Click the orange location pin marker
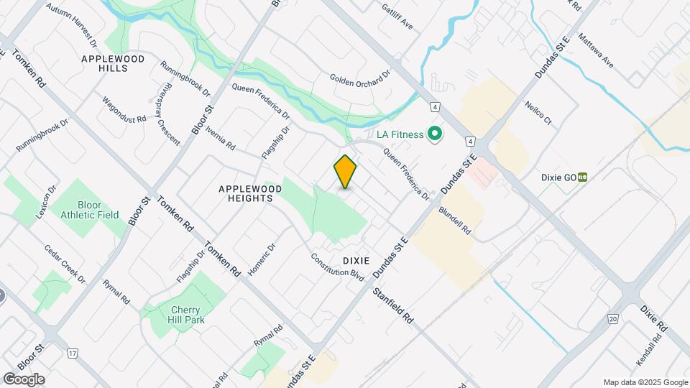(x=346, y=172)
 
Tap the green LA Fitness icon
(x=434, y=134)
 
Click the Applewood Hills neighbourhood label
(x=114, y=63)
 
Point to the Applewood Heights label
(x=246, y=193)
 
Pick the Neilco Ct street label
(x=537, y=113)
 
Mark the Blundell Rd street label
(x=454, y=221)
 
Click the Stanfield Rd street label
(x=393, y=305)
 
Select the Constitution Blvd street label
(x=338, y=267)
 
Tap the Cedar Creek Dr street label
(x=65, y=264)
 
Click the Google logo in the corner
(x=24, y=379)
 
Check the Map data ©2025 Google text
(x=645, y=382)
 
